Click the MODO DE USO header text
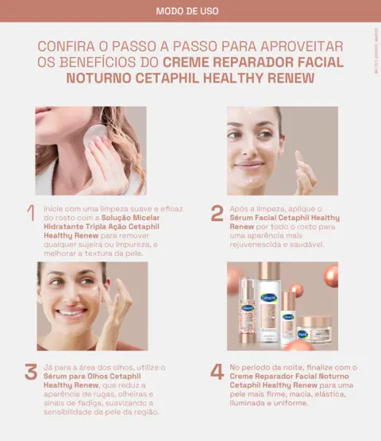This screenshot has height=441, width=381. pos(190,11)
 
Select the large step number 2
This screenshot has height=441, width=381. pos(217,213)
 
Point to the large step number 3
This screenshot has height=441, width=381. pos(31,372)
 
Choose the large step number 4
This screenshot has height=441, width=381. pos(217,372)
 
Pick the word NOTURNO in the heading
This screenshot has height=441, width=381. pos(104,78)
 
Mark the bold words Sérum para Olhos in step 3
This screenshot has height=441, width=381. pos(71,377)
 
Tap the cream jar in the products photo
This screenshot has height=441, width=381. pos(317,327)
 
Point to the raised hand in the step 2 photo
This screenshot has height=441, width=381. pos(304,171)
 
